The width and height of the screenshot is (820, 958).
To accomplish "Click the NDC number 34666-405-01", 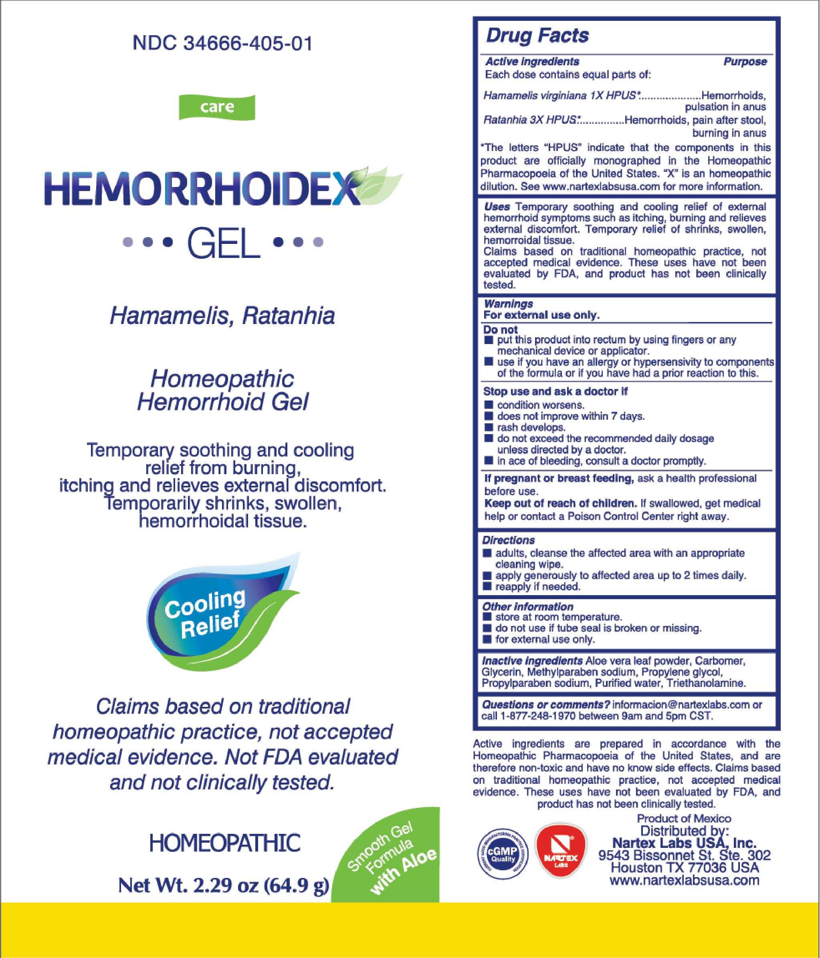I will pos(222,44).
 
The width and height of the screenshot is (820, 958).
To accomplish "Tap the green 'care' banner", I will pos(217,107).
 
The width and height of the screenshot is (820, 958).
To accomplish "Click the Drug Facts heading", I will pos(537,36).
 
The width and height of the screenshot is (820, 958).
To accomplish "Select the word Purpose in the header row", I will pos(745,62).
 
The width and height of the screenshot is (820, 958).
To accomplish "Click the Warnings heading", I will pos(508,304).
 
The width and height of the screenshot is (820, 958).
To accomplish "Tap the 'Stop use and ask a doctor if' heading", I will pos(555,392).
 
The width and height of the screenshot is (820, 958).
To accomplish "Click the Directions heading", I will pos(509,540).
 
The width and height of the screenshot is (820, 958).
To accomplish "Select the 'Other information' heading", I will pos(527,607).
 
